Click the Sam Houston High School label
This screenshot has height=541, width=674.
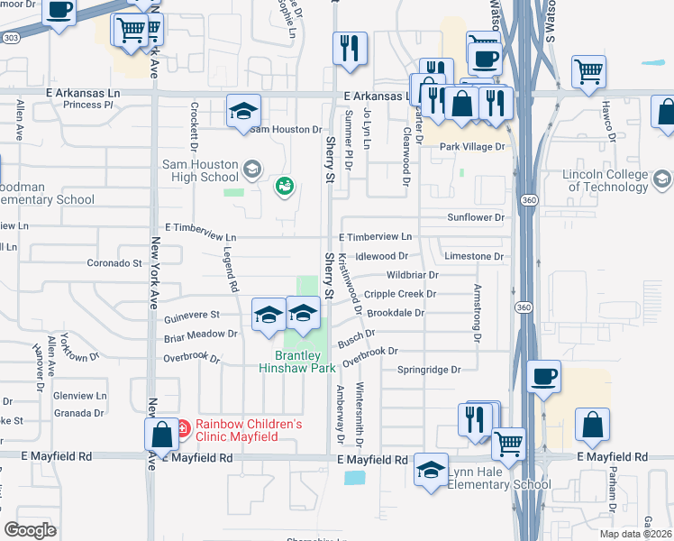(200, 171)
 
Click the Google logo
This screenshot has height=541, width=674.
(30, 530)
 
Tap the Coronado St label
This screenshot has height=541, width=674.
(114, 263)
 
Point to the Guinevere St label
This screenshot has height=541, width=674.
(191, 315)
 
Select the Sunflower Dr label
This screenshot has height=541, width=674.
(476, 217)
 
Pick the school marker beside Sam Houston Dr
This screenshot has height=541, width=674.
(243, 112)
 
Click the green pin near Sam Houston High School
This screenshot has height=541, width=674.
(285, 186)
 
